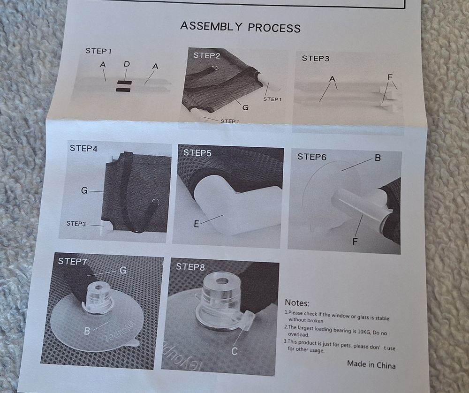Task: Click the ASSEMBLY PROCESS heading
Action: tap(240, 27)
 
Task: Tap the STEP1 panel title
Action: tap(98, 51)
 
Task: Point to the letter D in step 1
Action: tap(127, 64)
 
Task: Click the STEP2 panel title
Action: tap(207, 56)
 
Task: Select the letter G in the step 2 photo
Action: tap(245, 107)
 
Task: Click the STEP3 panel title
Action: tap(315, 58)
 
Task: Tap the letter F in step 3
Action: tap(390, 77)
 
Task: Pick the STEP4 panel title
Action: tap(83, 148)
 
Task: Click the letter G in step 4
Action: tap(84, 190)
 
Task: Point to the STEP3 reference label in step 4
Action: tap(76, 224)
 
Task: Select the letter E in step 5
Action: tap(196, 224)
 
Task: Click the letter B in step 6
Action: tap(378, 158)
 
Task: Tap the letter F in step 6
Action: tap(355, 242)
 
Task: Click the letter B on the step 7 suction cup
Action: tap(87, 331)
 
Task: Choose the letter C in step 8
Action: tap(234, 351)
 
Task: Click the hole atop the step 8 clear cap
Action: tap(222, 281)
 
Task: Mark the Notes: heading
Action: tap(297, 303)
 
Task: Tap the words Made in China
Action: tap(371, 364)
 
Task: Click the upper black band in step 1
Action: tap(124, 83)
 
